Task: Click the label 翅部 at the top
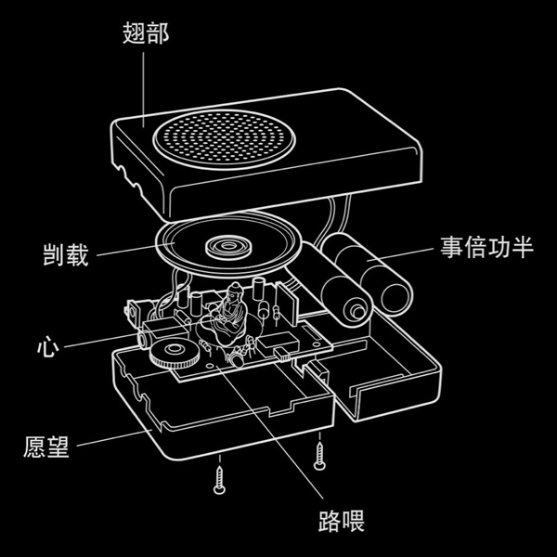click(x=146, y=33)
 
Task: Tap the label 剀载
click(x=66, y=254)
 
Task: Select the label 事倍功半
click(x=487, y=247)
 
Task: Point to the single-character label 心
click(x=48, y=346)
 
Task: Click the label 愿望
click(x=46, y=447)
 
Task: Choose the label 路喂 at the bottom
click(x=342, y=521)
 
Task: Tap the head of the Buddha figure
click(x=235, y=291)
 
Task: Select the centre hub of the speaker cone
click(x=227, y=245)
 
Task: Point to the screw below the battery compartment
click(x=319, y=455)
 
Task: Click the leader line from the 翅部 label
click(x=144, y=89)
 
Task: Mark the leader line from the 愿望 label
click(x=115, y=437)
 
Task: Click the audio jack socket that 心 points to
click(x=145, y=341)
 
